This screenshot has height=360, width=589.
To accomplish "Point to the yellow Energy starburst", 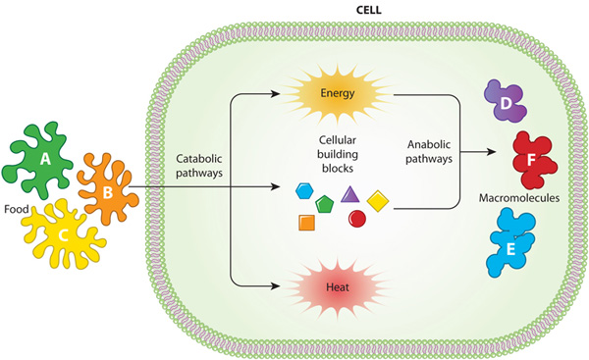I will coord(345,96).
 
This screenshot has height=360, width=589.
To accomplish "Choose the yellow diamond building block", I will coord(379,202).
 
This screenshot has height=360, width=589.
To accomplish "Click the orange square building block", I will coord(306,223).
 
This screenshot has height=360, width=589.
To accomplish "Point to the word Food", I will coord(17,209).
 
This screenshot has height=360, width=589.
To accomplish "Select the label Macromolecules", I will coord(518,198).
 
